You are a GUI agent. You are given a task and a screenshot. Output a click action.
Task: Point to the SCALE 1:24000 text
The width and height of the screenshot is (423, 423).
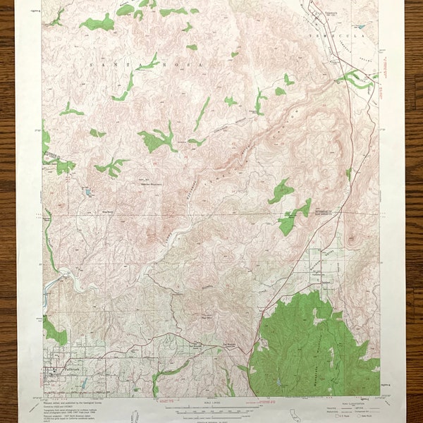coord(211,400)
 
